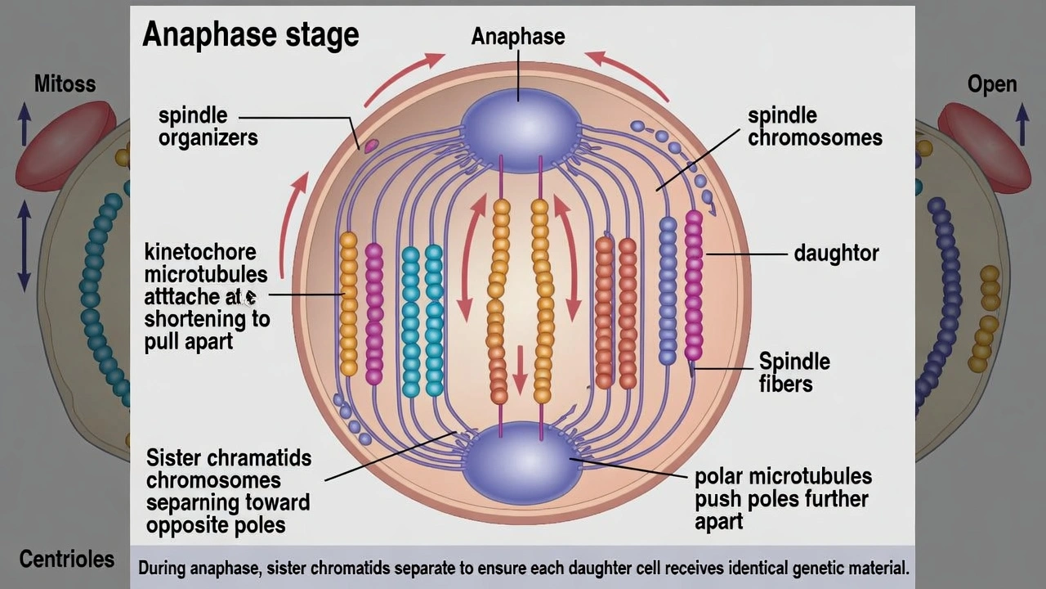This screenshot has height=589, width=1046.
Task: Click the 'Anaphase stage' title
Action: (x=250, y=35)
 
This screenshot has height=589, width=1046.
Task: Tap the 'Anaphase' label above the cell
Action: (x=518, y=37)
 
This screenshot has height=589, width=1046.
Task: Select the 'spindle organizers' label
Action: (x=208, y=127)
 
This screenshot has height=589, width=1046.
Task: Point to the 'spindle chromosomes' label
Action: (x=814, y=127)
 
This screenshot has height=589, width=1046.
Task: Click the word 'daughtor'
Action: (x=836, y=254)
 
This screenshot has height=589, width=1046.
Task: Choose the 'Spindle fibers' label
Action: (x=793, y=372)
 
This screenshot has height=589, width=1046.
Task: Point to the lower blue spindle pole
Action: (x=521, y=463)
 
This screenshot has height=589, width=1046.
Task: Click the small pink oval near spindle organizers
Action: (x=370, y=146)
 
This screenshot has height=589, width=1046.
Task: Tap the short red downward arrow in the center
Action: (x=520, y=368)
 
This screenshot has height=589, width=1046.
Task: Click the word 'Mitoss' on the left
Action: (x=65, y=83)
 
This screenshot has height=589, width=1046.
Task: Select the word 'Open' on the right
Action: (x=991, y=84)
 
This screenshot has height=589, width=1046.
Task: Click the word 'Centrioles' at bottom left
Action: (x=66, y=560)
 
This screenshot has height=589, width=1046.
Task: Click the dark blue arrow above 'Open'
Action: (x=1021, y=123)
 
